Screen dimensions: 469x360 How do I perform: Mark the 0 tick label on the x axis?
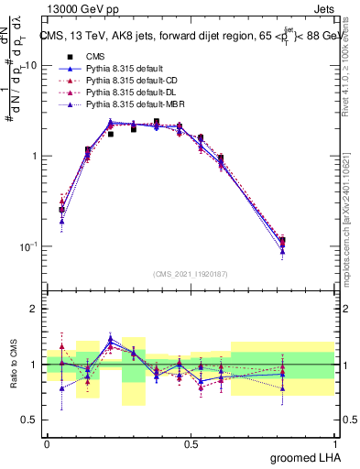click(x=47, y=442)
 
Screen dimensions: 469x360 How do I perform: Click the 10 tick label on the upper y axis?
click(x=31, y=66)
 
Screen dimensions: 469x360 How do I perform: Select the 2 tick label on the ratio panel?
click(x=35, y=309)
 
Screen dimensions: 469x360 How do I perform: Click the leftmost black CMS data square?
click(x=61, y=210)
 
